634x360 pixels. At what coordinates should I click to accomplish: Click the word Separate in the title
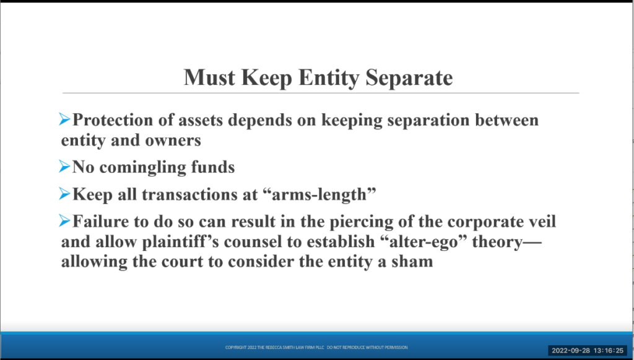tap(409, 77)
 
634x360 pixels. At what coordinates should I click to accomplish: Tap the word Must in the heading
tap(209, 77)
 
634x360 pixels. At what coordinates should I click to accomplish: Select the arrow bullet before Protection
tap(64, 119)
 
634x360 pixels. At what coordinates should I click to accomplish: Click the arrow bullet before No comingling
tap(64, 166)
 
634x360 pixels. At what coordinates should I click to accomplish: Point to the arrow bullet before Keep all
tap(64, 193)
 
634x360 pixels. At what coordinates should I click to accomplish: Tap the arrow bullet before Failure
tap(64, 221)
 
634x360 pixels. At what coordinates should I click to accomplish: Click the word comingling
tap(143, 168)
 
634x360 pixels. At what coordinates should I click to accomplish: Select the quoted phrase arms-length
tap(319, 195)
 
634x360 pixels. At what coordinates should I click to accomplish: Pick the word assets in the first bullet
tap(201, 121)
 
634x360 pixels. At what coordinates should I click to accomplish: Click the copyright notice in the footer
tap(316, 348)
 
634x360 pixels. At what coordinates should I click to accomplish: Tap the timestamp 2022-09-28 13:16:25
tap(588, 351)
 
